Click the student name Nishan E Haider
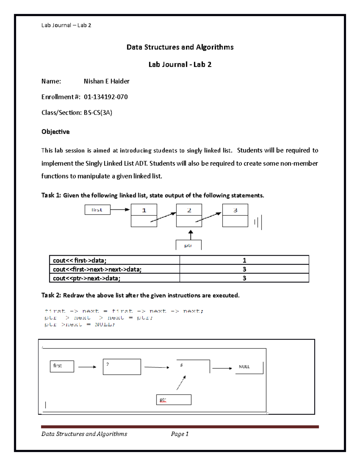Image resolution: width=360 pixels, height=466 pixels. [x=106, y=81]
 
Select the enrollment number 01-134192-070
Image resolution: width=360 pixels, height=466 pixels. [x=106, y=97]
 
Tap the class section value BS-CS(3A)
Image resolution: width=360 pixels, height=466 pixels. [x=98, y=113]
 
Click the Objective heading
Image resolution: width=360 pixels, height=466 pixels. [x=55, y=132]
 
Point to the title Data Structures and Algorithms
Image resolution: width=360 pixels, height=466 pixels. [x=180, y=47]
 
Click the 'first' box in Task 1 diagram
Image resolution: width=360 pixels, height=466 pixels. [x=97, y=210]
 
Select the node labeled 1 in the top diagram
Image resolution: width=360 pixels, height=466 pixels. [x=144, y=215]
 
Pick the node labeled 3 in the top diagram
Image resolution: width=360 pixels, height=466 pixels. [x=235, y=215]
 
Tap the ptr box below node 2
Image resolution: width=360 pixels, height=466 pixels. [x=188, y=245]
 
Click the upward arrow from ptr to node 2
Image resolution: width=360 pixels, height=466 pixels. [x=190, y=235]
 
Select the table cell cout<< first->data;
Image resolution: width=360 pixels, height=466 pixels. [x=114, y=260]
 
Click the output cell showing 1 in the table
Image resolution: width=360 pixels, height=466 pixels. [x=244, y=260]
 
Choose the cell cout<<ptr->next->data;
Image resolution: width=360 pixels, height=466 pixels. [x=114, y=278]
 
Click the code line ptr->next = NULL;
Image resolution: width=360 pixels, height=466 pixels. [x=80, y=324]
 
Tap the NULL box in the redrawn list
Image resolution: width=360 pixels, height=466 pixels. [x=249, y=367]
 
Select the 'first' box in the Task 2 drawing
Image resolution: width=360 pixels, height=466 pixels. [x=62, y=366]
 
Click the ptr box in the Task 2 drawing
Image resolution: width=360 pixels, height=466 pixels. [x=174, y=400]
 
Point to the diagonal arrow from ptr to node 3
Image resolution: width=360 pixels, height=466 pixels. [x=181, y=383]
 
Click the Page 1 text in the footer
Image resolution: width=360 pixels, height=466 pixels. [x=180, y=434]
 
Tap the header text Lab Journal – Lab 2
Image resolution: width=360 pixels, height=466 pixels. [x=66, y=26]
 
